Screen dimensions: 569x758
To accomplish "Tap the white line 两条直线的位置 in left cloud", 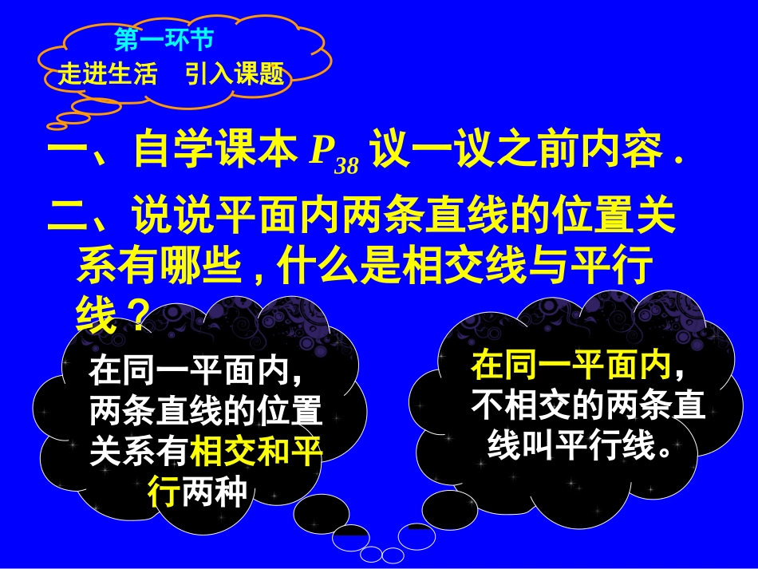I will [206, 413].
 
